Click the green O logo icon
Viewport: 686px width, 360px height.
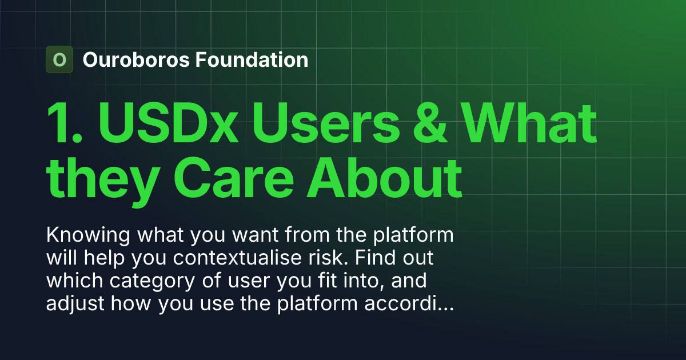(59, 59)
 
